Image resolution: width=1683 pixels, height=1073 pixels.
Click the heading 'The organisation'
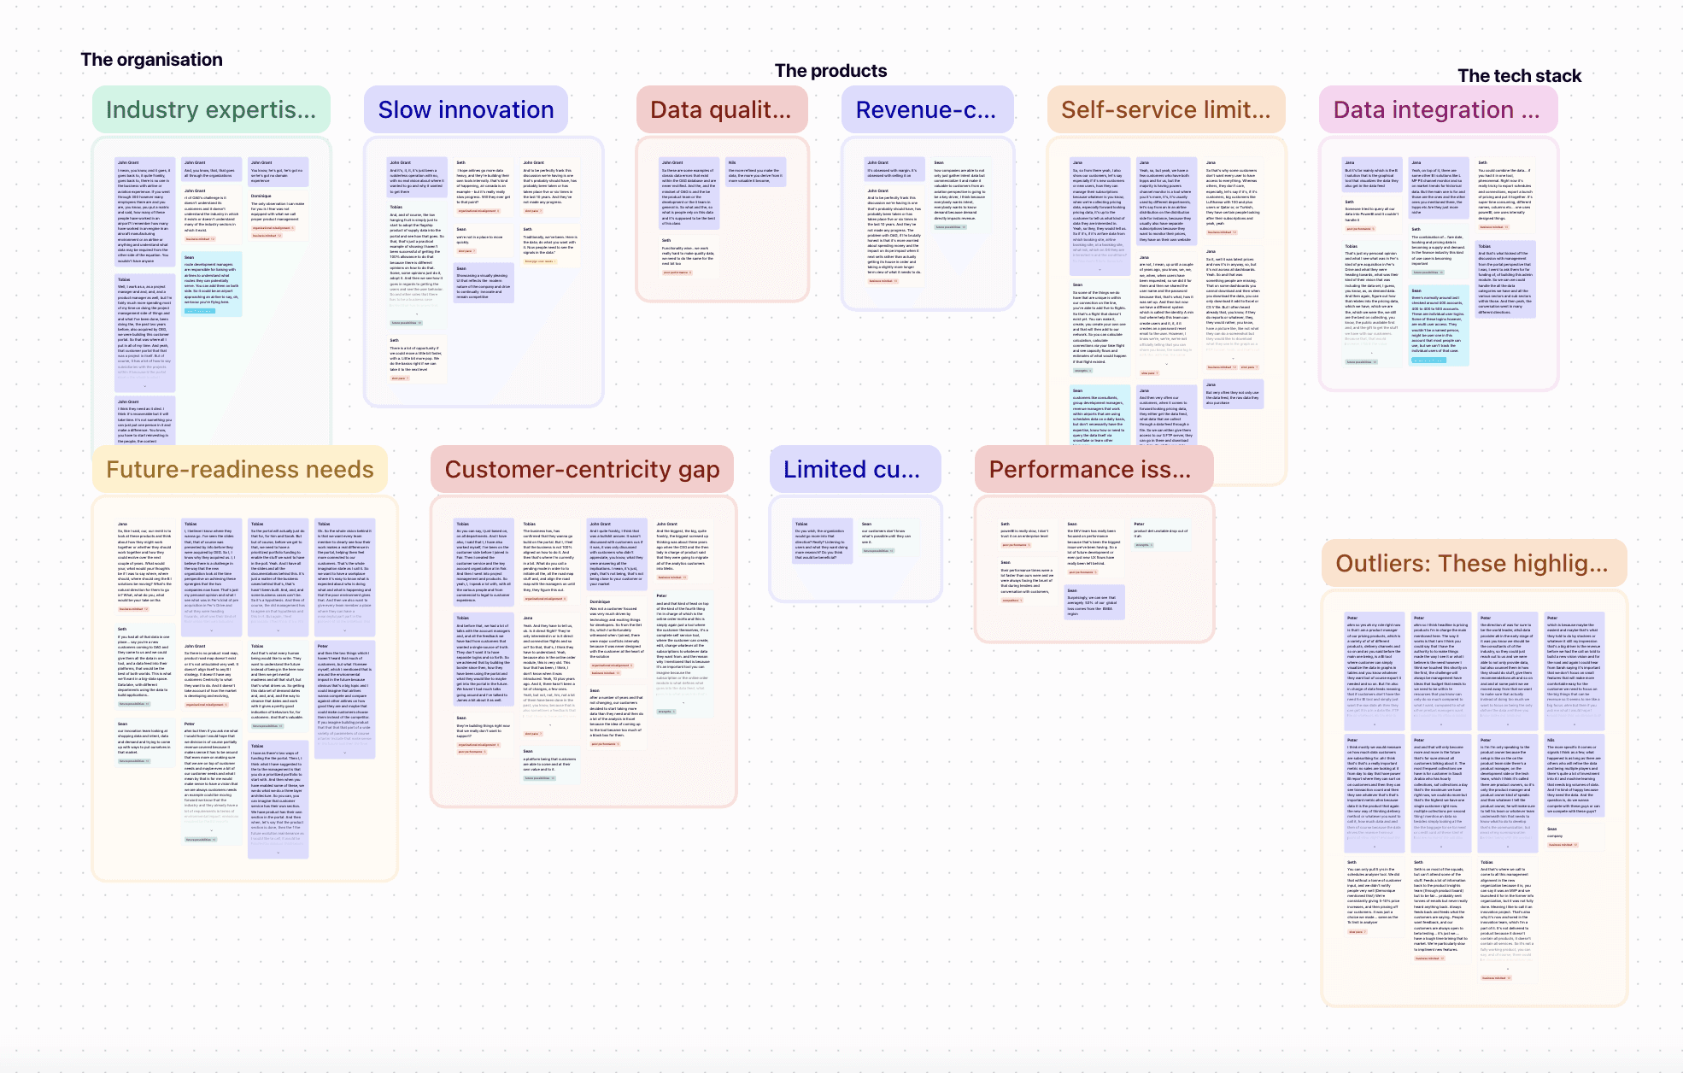tap(151, 60)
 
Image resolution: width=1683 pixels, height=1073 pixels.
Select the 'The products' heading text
tap(830, 71)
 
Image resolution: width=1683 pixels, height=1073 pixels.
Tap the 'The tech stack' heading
tap(1519, 76)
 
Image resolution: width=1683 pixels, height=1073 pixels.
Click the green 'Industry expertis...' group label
tap(211, 110)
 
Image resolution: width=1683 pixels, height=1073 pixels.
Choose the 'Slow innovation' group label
tap(466, 110)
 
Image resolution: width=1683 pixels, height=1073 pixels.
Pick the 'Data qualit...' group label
tap(721, 110)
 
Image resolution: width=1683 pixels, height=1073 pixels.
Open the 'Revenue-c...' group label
tap(926, 110)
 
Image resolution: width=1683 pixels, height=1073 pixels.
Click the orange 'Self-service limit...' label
tap(1165, 110)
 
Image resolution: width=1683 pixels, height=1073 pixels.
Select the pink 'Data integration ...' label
tap(1437, 110)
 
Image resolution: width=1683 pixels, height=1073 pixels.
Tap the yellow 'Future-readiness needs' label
tap(240, 470)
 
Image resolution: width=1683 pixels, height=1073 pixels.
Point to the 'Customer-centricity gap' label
tap(582, 470)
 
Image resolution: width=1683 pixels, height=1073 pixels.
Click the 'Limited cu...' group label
tap(852, 470)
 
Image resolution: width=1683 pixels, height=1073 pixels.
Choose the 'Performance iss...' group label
tap(1090, 470)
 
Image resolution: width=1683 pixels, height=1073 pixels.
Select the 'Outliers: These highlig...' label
tap(1472, 564)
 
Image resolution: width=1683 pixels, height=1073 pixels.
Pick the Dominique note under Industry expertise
tap(277, 214)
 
